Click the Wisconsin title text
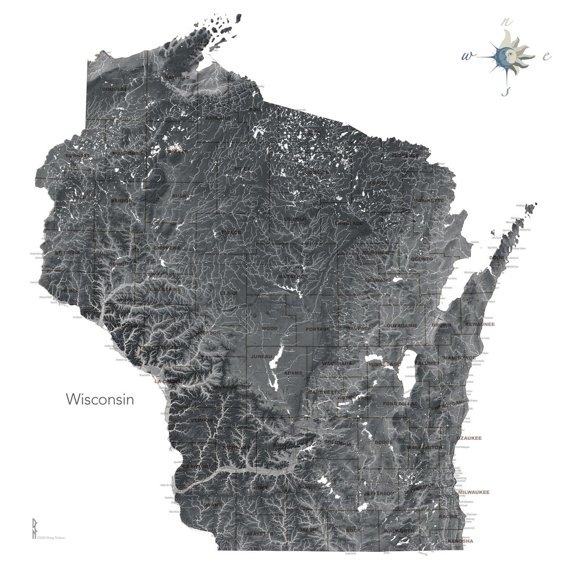point(100,399)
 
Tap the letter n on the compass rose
point(506,22)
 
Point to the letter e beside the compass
point(546,56)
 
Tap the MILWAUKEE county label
point(474,492)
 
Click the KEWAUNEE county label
point(480,324)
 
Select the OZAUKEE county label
point(469,438)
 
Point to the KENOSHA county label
point(460,541)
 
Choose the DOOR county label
point(496,258)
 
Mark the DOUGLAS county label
point(114,89)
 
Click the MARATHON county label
point(293,276)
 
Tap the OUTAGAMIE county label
point(402,325)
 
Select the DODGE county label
point(384,442)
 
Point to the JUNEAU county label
point(262,356)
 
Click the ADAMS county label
point(293,373)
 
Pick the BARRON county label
point(122,200)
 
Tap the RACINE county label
point(449,517)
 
